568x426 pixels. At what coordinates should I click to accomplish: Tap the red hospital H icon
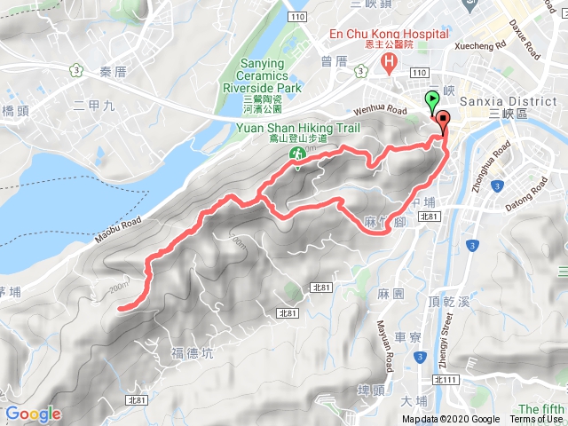tap(388, 62)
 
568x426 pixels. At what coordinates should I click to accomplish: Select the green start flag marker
tap(432, 100)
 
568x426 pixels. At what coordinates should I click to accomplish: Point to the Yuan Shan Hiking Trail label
tap(297, 128)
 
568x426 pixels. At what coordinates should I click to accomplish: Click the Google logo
tap(33, 414)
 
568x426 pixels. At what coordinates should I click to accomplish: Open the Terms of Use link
tap(536, 420)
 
